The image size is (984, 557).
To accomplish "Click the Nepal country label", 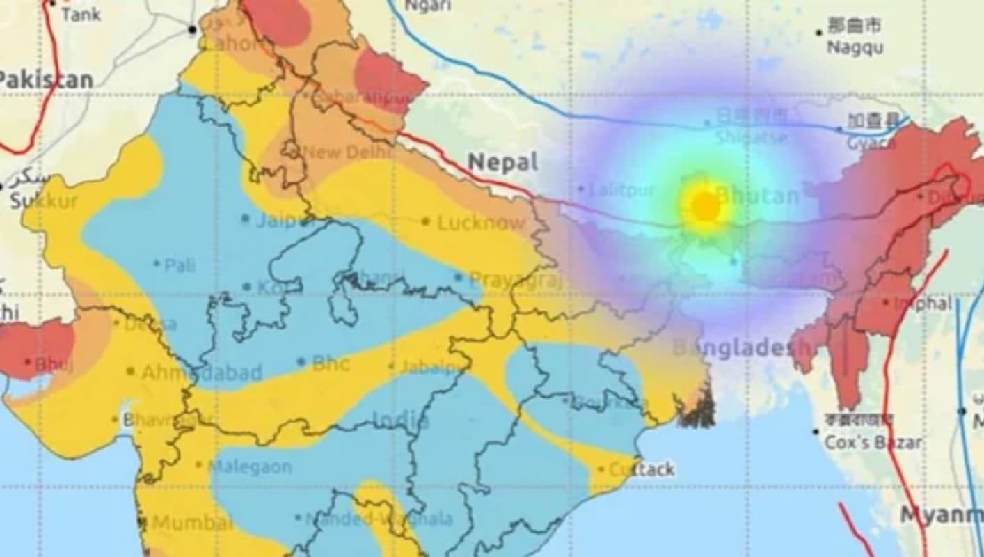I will [503, 162].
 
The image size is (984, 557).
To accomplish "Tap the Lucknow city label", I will [480, 223].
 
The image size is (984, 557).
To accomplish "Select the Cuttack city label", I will [641, 470].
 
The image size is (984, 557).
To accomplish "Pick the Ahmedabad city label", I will [202, 372].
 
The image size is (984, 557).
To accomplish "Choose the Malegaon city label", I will [250, 466].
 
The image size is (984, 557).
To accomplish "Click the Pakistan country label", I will [46, 80].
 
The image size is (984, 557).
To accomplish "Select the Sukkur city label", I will [44, 202].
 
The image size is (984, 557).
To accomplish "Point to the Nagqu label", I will [855, 47].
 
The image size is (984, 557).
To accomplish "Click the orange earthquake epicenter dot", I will [706, 206].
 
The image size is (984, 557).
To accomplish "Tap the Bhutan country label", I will [757, 196].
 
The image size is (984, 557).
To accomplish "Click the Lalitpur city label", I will [621, 189].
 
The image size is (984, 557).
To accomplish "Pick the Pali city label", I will [180, 265].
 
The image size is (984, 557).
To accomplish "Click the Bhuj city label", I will [53, 364].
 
